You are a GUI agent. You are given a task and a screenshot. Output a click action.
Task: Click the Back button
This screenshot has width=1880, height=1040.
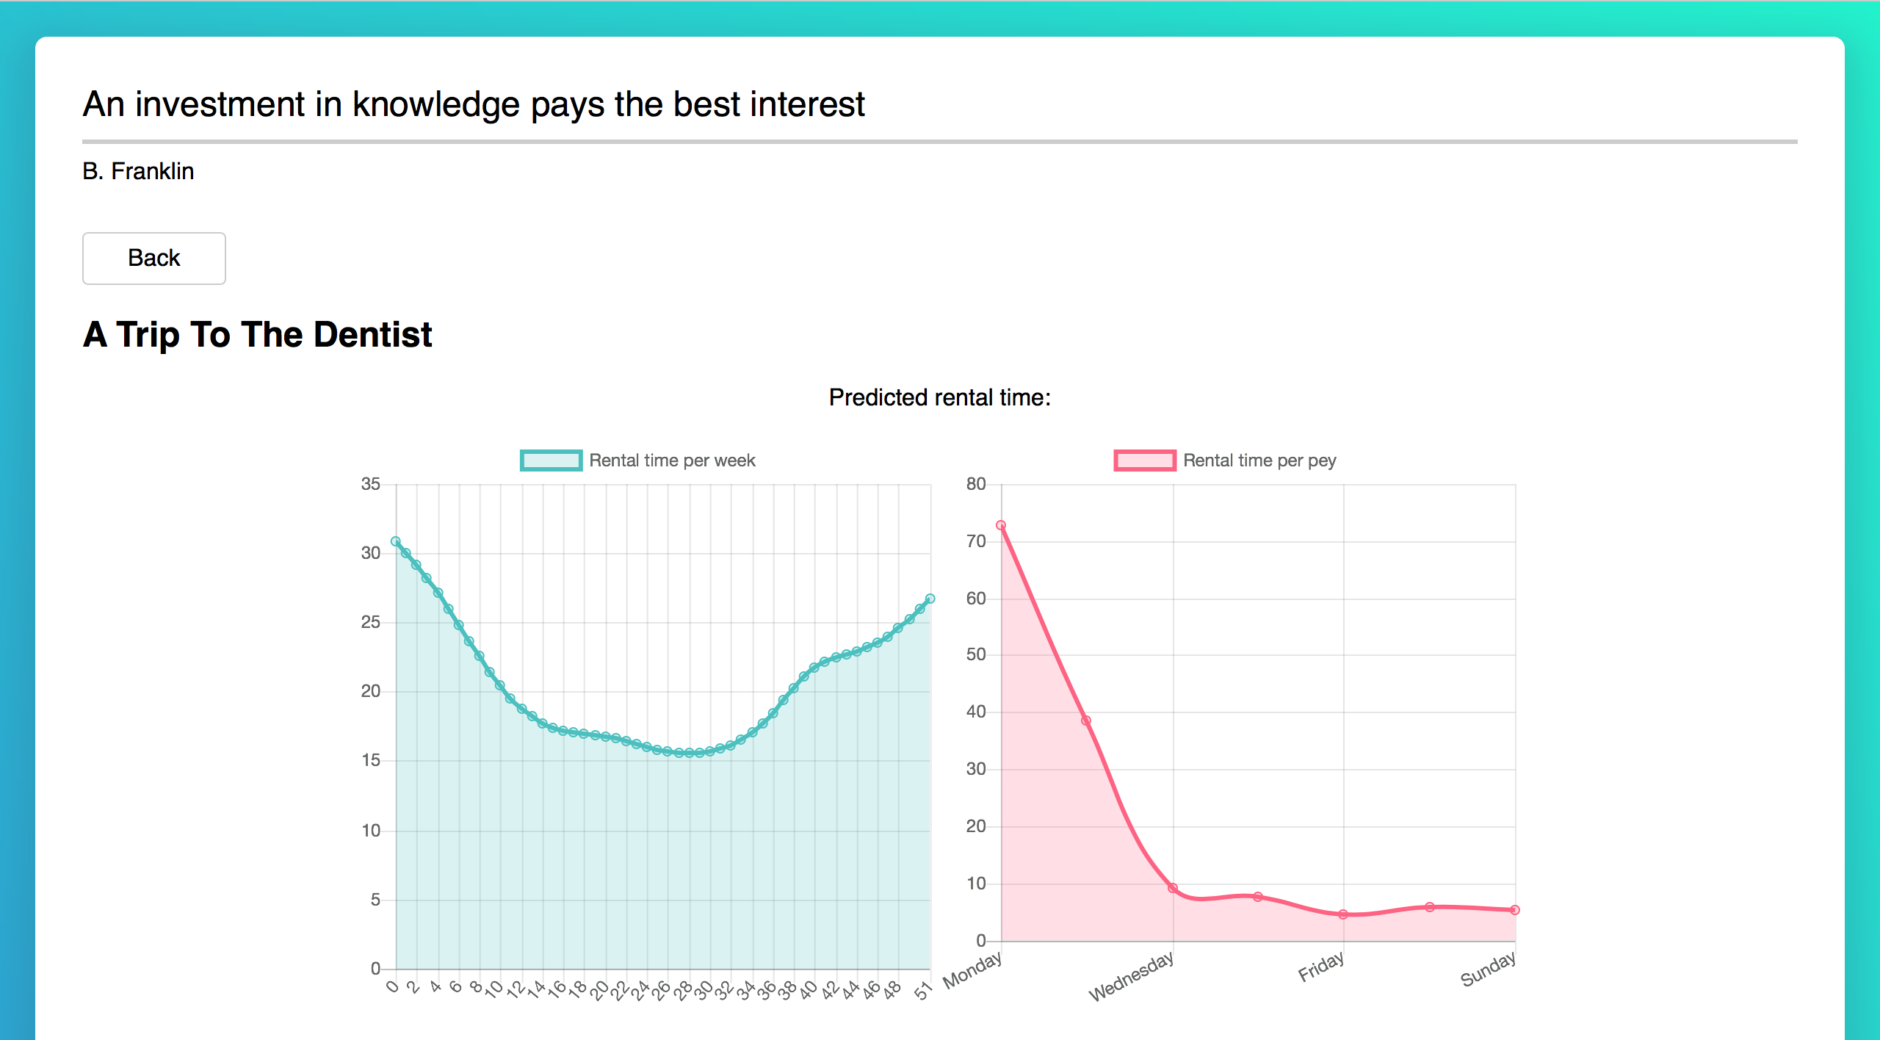coord(153,258)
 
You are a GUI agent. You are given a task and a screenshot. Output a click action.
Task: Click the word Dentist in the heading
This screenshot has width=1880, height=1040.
coord(372,335)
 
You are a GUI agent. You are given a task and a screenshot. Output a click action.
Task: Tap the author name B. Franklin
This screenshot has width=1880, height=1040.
coord(138,171)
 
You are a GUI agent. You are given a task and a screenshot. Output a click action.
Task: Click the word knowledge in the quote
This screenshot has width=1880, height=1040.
coord(435,104)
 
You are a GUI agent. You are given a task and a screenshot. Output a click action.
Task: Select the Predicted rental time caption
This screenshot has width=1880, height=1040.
coord(939,397)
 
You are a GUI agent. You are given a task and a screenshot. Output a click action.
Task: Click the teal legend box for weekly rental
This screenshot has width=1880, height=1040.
coord(551,461)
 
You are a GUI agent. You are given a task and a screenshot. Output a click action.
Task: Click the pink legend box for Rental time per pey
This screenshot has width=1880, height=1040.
coord(1144,461)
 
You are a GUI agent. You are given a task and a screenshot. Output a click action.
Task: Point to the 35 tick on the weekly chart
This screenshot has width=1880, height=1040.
coord(371,484)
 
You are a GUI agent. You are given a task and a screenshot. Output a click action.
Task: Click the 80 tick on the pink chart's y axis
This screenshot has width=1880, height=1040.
coord(976,484)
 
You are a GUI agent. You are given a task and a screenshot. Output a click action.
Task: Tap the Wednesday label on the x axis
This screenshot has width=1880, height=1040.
coord(1132,976)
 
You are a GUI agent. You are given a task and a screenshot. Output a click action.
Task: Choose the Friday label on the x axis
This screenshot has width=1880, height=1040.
coord(1321,967)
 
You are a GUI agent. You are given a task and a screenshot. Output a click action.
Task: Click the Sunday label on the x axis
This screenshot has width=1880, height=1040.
coord(1488,969)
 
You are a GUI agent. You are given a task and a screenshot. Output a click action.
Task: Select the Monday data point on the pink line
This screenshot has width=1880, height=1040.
coord(1001,525)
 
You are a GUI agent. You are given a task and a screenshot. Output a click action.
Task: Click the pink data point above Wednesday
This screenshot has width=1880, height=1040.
coord(1173,888)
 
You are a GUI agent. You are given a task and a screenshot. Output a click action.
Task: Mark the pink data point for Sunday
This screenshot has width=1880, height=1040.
coord(1515,910)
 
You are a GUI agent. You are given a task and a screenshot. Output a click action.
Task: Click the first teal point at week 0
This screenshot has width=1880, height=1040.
coord(396,541)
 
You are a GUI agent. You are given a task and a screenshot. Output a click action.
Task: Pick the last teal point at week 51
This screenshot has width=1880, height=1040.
coord(930,599)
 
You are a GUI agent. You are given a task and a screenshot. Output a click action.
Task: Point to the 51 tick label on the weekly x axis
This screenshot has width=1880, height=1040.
coord(922,992)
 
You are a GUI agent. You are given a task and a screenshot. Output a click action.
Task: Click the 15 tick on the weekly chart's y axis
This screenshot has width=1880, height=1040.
coord(371,760)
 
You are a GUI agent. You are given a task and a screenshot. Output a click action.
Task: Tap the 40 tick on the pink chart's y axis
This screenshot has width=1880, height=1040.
coord(976,712)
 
